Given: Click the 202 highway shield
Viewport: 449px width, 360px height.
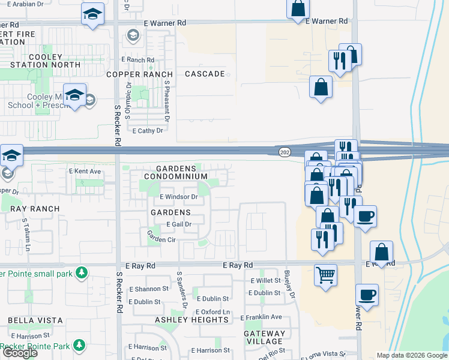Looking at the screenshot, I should click(x=284, y=152).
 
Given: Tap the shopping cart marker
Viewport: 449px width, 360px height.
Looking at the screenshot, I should click(x=325, y=275).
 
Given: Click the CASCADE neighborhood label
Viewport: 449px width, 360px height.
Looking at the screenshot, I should click(x=205, y=74).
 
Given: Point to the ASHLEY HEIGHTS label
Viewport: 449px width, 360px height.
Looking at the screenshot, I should click(x=191, y=320).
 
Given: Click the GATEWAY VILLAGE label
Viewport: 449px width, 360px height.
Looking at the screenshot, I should click(x=265, y=337).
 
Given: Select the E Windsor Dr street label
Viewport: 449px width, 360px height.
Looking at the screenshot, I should click(x=178, y=197).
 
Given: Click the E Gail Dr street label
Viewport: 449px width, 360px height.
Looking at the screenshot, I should click(x=173, y=224).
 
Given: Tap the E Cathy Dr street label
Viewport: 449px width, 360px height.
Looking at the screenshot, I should click(x=148, y=130).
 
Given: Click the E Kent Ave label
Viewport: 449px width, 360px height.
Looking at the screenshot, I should click(x=85, y=172).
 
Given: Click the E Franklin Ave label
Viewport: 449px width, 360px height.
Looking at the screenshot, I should click(x=261, y=317).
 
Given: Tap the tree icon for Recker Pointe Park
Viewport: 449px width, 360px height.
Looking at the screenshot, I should click(x=79, y=345).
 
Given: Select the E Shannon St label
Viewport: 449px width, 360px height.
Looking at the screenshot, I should click(x=145, y=289).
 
